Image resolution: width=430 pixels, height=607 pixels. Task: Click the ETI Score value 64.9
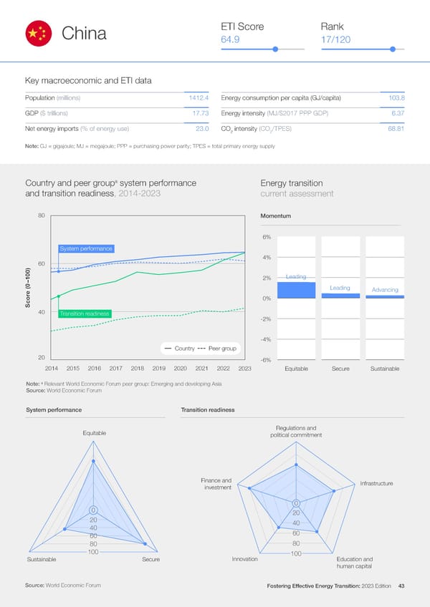[x=230, y=39]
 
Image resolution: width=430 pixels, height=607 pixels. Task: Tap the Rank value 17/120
[x=336, y=39]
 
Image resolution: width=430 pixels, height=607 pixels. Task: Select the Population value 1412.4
[x=197, y=97]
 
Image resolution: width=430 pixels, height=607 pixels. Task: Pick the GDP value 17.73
[x=200, y=113]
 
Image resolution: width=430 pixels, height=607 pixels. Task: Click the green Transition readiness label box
[x=84, y=314]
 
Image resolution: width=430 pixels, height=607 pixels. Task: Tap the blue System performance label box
[x=86, y=248]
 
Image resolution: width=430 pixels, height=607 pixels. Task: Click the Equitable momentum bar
[x=296, y=289]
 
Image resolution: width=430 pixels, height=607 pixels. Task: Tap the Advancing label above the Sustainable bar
[x=385, y=290]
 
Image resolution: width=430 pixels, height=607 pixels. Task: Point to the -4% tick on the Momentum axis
[x=264, y=339]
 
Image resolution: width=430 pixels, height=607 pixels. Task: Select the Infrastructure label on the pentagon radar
[x=376, y=484]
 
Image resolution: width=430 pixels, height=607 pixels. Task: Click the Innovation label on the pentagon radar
[x=244, y=559]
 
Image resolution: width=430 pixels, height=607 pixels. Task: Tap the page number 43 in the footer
[x=402, y=586]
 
